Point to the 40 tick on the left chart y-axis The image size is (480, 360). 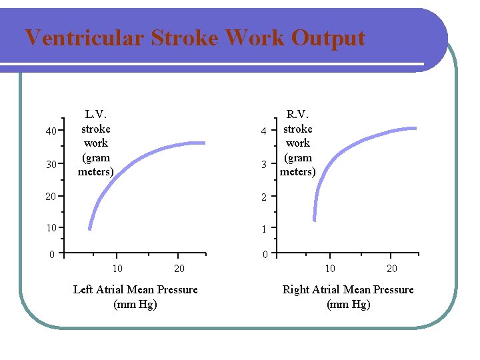[51, 131]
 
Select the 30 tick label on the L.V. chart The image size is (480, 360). [51, 165]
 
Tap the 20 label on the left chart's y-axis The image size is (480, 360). [51, 196]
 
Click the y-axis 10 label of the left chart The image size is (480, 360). [51, 228]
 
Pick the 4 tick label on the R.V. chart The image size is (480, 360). [264, 131]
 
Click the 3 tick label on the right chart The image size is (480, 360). [264, 164]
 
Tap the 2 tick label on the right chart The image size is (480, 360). [264, 197]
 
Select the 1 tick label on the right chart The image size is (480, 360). [264, 229]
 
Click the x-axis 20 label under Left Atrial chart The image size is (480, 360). [179, 268]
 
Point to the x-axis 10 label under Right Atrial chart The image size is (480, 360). [330, 268]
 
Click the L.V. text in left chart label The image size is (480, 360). [96, 115]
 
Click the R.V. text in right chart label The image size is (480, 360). [297, 115]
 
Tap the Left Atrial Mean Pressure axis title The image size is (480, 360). [135, 289]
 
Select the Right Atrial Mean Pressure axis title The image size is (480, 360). [348, 289]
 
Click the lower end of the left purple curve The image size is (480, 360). [89, 227]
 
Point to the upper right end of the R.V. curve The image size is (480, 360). [414, 128]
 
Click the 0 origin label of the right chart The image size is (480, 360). [264, 255]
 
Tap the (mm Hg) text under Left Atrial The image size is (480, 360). [135, 304]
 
